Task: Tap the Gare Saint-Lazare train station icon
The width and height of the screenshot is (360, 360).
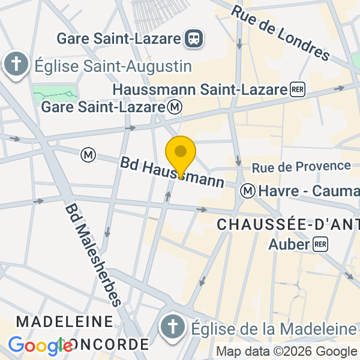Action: coord(195,39)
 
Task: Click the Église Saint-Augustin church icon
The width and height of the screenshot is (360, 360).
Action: coord(16,65)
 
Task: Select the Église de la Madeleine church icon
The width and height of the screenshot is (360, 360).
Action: coord(173,328)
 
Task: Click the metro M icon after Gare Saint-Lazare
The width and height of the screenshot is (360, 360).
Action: coord(175,107)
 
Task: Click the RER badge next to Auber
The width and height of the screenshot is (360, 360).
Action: coord(320,244)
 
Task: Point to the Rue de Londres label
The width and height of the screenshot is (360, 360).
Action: coord(280,34)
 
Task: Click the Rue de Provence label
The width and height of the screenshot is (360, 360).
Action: coord(301,166)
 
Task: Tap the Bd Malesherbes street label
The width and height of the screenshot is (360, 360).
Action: coord(94,254)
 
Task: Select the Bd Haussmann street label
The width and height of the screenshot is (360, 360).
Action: coord(172,172)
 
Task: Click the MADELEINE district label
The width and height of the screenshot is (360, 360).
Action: coord(64,321)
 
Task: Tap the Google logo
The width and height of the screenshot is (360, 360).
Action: coord(41,345)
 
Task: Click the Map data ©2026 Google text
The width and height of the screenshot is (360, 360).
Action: coord(286,352)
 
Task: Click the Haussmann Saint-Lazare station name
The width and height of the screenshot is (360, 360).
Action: coord(200,90)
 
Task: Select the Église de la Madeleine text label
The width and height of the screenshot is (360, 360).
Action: coord(274,329)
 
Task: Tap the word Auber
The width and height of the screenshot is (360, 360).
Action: coord(289,244)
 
